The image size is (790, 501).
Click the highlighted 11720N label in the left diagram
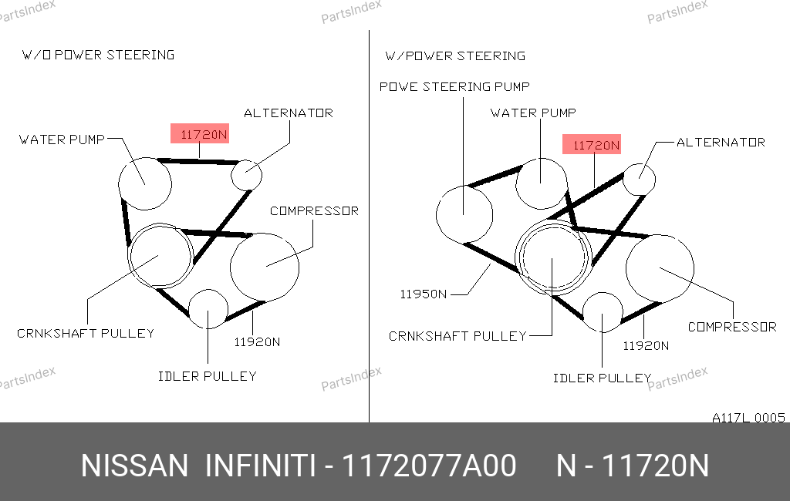click(x=200, y=133)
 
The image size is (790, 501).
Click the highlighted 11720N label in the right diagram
click(x=592, y=144)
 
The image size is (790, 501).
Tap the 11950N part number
click(x=424, y=294)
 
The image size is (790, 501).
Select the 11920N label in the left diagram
click(x=257, y=342)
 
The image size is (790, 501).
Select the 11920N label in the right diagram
click(x=646, y=346)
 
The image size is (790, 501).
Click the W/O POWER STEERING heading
click(x=98, y=55)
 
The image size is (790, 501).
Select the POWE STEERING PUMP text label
click(x=454, y=86)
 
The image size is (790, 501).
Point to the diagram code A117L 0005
click(x=748, y=418)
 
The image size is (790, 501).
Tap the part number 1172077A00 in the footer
click(x=429, y=466)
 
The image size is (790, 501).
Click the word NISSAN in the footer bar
click(x=134, y=466)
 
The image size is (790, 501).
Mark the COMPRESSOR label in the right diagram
click(x=732, y=328)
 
